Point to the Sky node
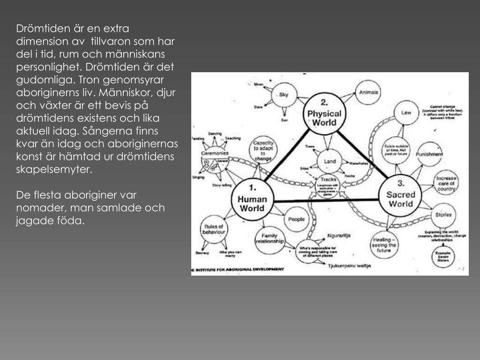(x=284, y=95)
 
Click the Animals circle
(x=368, y=92)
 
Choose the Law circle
(x=406, y=112)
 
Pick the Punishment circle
(x=429, y=154)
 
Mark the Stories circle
(x=443, y=215)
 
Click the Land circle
(x=330, y=162)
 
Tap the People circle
(x=296, y=219)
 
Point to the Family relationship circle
(x=270, y=239)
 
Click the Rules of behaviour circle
(x=214, y=230)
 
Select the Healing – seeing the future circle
(x=384, y=244)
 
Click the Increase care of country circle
(x=445, y=184)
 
